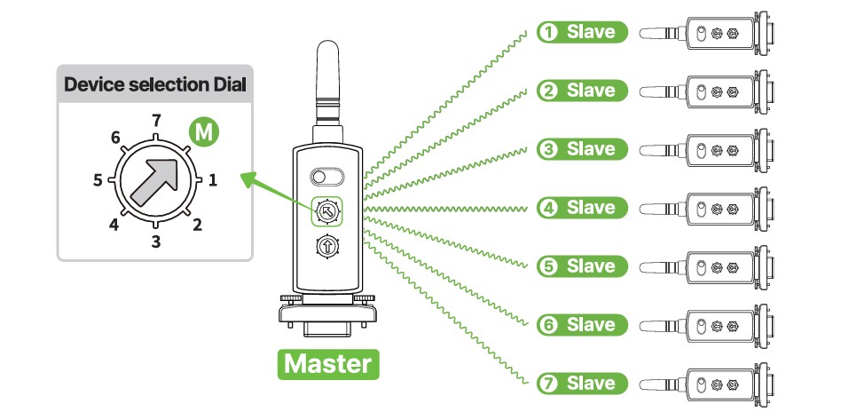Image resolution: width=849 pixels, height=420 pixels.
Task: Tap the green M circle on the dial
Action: pyautogui.click(x=204, y=133)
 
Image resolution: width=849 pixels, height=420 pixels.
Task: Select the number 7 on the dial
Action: pyautogui.click(x=156, y=119)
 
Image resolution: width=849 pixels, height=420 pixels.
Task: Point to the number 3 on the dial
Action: pyautogui.click(x=156, y=241)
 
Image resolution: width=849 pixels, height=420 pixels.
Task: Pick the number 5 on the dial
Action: pyautogui.click(x=98, y=180)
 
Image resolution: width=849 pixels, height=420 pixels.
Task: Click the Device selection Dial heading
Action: pyautogui.click(x=155, y=86)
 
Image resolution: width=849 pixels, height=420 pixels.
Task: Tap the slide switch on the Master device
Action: pyautogui.click(x=326, y=175)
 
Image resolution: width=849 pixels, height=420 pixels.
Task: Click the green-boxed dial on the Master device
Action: pyautogui.click(x=326, y=211)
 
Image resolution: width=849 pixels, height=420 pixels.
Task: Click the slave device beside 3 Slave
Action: pyautogui.click(x=710, y=149)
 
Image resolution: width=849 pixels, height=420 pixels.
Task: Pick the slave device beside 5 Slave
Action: pyautogui.click(x=710, y=266)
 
